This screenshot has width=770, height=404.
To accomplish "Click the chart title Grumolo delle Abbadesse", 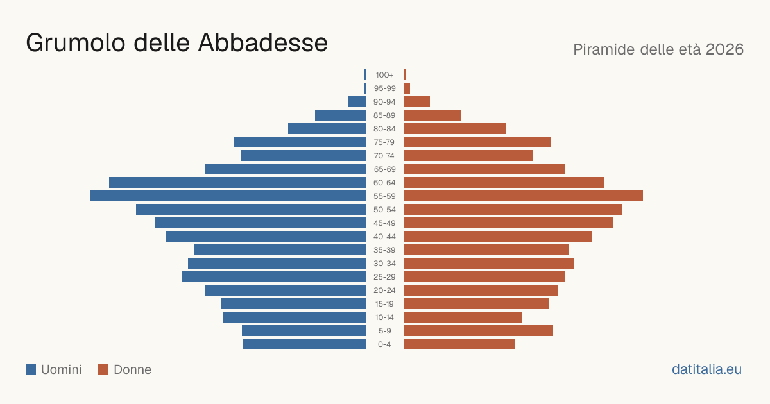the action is [x=176, y=42].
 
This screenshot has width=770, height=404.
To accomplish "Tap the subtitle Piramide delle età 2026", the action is [x=658, y=49].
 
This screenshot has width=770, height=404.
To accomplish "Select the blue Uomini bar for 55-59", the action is [x=228, y=196].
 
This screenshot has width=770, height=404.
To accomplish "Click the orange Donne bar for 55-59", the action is [x=524, y=196].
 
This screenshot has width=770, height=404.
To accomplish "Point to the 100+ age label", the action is [x=384, y=75].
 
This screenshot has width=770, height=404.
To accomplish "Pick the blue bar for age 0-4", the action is [x=305, y=344].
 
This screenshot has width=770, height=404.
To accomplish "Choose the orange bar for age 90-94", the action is [x=417, y=102].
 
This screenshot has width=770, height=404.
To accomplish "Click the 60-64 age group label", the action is [x=384, y=183].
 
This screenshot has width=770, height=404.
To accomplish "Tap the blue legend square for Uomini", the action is [x=31, y=369].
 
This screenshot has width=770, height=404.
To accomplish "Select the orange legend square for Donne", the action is [x=103, y=369].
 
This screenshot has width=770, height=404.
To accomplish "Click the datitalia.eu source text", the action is [x=706, y=369].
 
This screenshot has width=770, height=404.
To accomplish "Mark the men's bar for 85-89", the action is [x=340, y=115].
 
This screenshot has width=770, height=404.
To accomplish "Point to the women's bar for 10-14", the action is [x=463, y=317].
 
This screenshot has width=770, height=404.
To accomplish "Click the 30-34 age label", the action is [x=384, y=264].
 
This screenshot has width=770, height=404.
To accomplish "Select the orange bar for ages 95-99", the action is [x=407, y=88].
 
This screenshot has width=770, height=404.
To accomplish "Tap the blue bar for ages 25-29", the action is [x=274, y=277].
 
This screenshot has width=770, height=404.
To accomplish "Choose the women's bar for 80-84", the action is [x=455, y=128].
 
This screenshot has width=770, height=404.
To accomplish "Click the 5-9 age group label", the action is [x=384, y=331].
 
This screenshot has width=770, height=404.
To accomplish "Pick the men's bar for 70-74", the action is [x=303, y=156].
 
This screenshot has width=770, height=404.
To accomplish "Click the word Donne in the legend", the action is [x=132, y=369].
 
